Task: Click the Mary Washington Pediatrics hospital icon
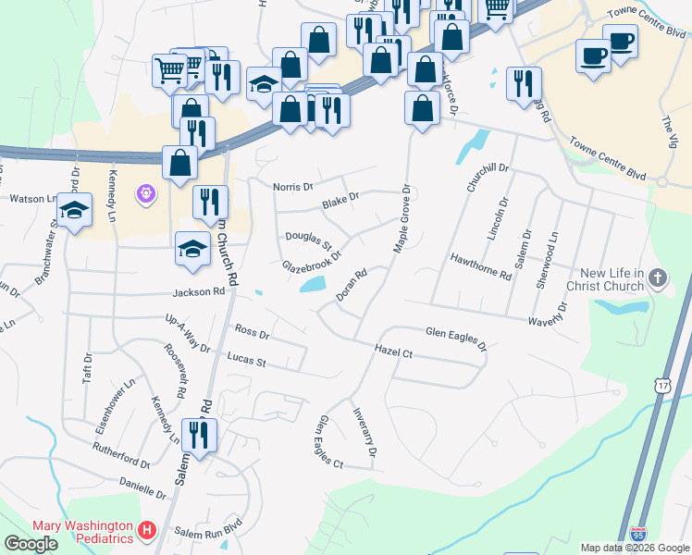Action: [146, 531]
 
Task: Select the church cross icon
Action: [658, 278]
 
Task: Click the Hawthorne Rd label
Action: [480, 267]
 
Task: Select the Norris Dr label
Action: [292, 187]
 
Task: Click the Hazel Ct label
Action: [393, 351]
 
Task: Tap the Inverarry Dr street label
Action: [365, 433]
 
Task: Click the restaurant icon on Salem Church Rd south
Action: [199, 436]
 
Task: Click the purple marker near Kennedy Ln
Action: [146, 194]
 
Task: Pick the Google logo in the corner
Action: [31, 544]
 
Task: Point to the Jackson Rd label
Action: [198, 292]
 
